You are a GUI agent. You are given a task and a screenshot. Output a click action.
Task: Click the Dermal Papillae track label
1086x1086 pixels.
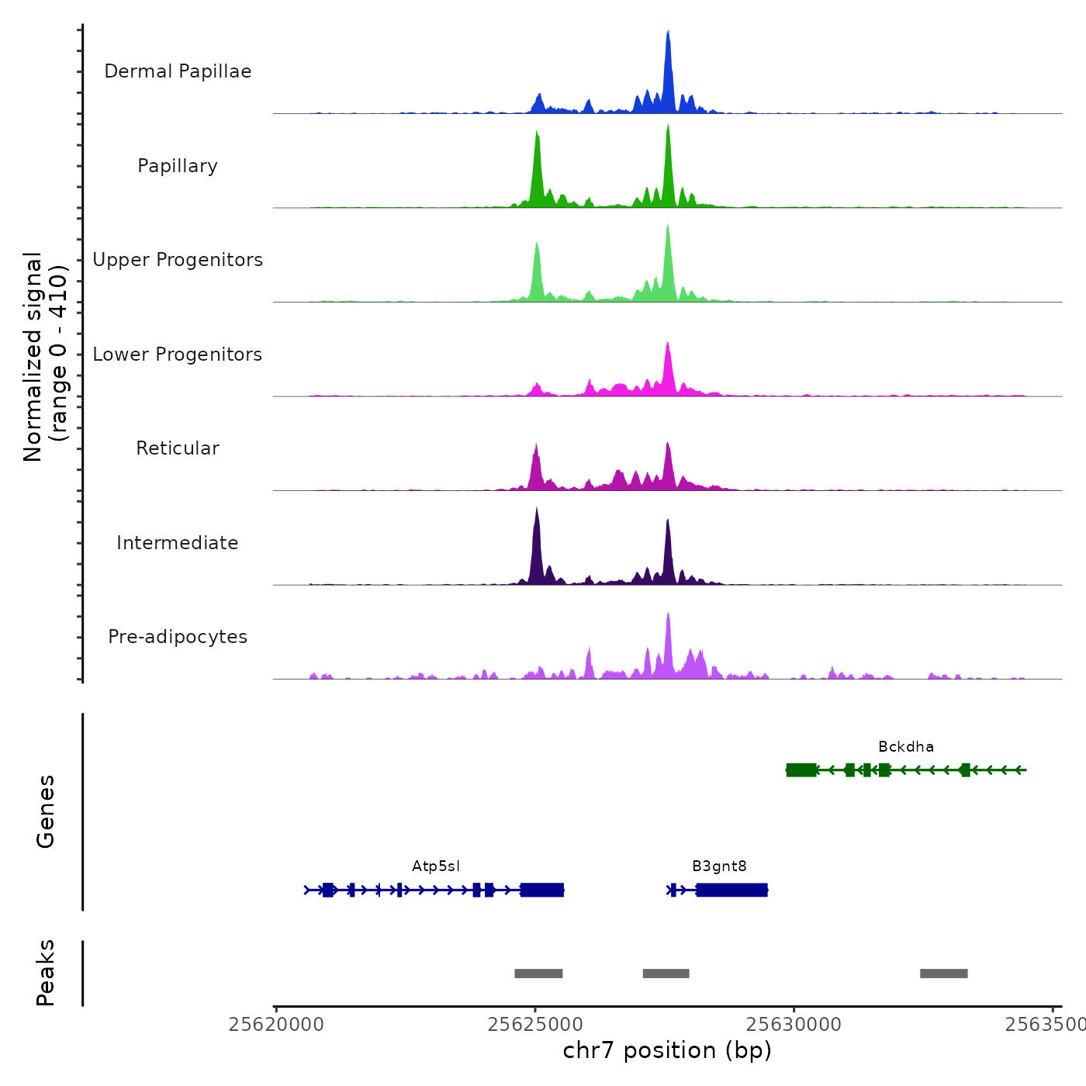pos(178,71)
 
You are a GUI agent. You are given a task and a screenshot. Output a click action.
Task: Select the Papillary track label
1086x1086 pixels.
pos(178,166)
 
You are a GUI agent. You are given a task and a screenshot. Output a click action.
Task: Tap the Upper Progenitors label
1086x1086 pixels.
pos(178,260)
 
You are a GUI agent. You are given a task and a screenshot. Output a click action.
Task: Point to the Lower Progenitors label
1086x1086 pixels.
pos(178,355)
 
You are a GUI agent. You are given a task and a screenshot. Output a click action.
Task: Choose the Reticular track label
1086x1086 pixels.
pos(178,448)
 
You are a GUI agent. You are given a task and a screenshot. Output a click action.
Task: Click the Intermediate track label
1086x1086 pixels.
pos(178,543)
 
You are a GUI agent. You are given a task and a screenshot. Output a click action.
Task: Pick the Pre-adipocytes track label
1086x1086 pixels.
pos(178,637)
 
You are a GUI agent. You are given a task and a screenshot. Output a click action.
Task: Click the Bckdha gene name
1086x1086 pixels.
pos(905,747)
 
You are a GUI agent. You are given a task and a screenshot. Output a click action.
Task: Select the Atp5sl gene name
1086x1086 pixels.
pos(436,866)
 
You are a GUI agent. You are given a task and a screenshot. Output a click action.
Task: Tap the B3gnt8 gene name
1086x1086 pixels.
pos(719,866)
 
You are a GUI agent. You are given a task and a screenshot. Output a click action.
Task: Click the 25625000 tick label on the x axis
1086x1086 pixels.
pos(535,1025)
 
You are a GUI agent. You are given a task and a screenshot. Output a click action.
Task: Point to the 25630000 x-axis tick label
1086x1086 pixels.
pos(794,1025)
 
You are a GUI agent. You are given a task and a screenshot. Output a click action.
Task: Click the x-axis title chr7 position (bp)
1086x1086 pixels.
pos(667,1050)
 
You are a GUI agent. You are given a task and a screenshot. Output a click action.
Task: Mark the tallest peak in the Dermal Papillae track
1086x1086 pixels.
pos(668,35)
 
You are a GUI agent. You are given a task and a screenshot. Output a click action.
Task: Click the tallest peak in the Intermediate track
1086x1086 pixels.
pos(536,512)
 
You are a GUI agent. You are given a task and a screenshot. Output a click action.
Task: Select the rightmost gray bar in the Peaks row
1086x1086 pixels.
pos(943,974)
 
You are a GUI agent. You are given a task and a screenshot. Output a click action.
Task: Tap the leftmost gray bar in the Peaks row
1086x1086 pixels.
pos(538,974)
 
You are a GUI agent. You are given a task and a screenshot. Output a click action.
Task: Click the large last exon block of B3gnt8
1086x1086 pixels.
pos(731,890)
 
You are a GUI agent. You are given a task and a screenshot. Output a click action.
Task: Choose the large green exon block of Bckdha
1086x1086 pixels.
pos(801,770)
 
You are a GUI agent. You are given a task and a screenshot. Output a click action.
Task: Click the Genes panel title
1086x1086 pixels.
pos(46,811)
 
